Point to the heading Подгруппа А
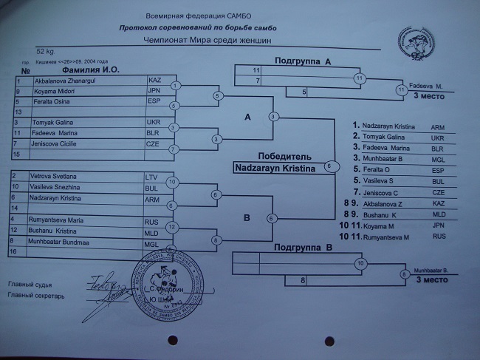tap(302, 61)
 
